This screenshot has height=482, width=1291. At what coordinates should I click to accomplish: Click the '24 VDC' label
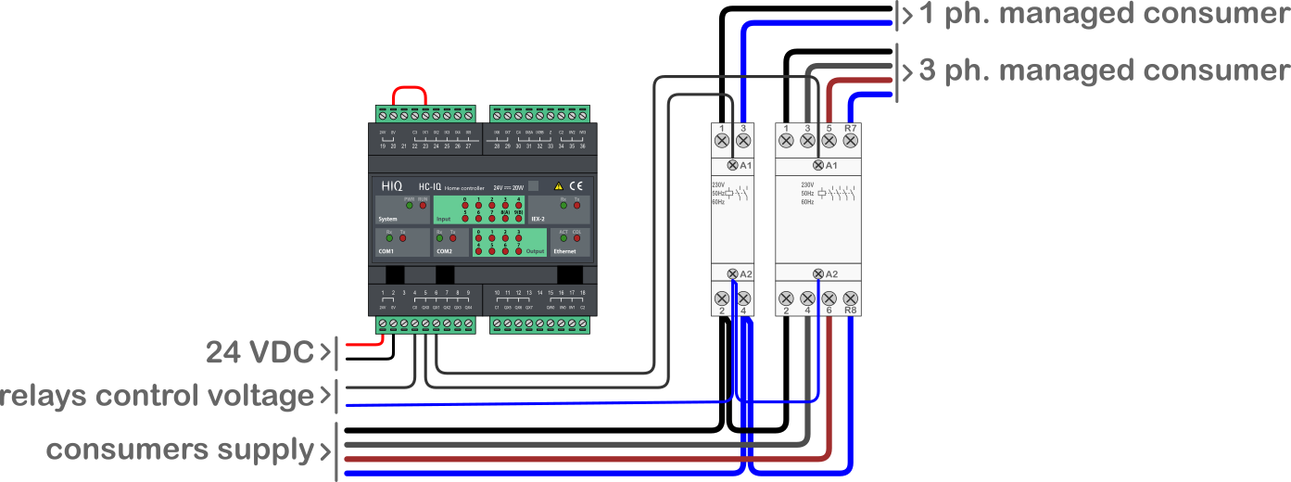pyautogui.click(x=260, y=352)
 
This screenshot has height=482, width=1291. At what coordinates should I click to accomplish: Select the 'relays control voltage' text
pyautogui.click(x=158, y=396)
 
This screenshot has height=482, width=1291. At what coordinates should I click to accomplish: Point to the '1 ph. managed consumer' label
pyautogui.click(x=1103, y=15)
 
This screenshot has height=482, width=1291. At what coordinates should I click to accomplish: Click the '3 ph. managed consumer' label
pyautogui.click(x=1103, y=70)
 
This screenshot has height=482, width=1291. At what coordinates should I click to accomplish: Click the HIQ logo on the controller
pyautogui.click(x=392, y=186)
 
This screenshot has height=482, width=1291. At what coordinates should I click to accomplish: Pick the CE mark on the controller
pyautogui.click(x=576, y=186)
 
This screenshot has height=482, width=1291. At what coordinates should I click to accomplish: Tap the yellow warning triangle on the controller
pyautogui.click(x=558, y=186)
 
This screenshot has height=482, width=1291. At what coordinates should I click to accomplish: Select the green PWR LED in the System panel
pyautogui.click(x=410, y=205)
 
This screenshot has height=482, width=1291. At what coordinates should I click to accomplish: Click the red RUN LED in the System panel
pyautogui.click(x=423, y=205)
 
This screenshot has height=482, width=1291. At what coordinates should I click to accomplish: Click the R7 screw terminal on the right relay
pyautogui.click(x=850, y=141)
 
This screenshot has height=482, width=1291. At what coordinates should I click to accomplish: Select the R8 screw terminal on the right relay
pyautogui.click(x=850, y=298)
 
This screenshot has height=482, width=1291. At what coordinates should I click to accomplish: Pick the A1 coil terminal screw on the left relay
pyautogui.click(x=733, y=165)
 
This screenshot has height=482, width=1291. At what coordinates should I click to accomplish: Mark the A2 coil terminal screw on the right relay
pyautogui.click(x=818, y=274)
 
